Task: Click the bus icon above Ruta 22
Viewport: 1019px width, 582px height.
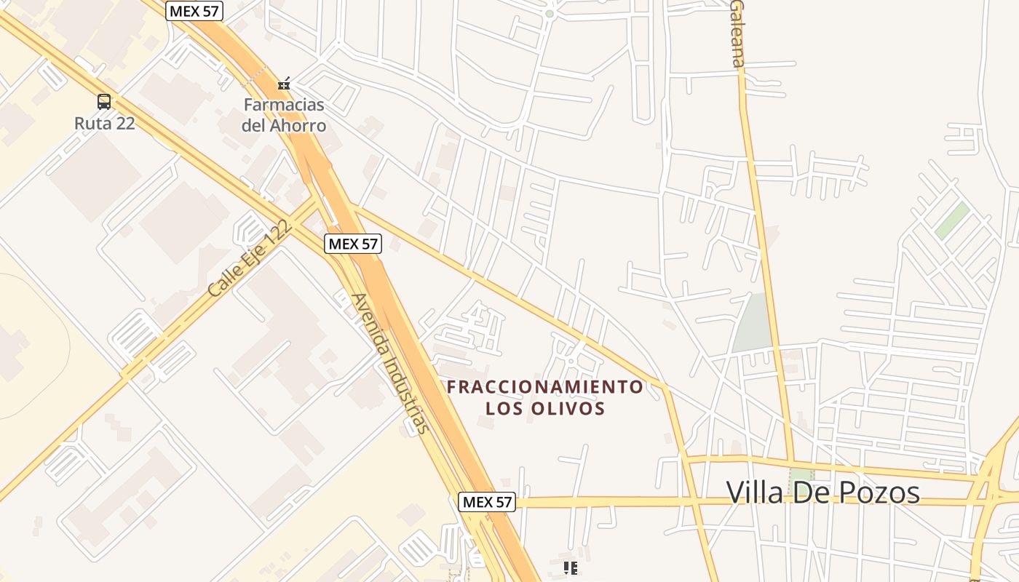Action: [x=104, y=102]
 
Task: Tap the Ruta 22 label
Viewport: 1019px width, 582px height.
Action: [x=105, y=123]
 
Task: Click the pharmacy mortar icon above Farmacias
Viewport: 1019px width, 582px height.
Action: [x=284, y=84]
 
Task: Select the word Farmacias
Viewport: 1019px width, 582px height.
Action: [x=284, y=105]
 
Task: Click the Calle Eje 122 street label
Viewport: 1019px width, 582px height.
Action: [x=250, y=258]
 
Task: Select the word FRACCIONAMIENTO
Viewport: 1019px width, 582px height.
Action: [x=545, y=386]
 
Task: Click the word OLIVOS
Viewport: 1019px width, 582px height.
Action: [x=572, y=409]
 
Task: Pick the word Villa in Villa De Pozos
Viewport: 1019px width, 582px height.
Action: [x=755, y=493]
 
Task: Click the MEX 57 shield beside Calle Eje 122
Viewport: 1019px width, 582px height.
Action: [x=353, y=244]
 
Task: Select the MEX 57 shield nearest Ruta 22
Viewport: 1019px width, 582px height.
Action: [x=194, y=11]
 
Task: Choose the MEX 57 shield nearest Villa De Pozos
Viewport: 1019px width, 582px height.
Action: [x=487, y=501]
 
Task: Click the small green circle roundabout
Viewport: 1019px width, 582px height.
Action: [x=550, y=13]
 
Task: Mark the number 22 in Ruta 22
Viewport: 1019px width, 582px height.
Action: [x=125, y=123]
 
